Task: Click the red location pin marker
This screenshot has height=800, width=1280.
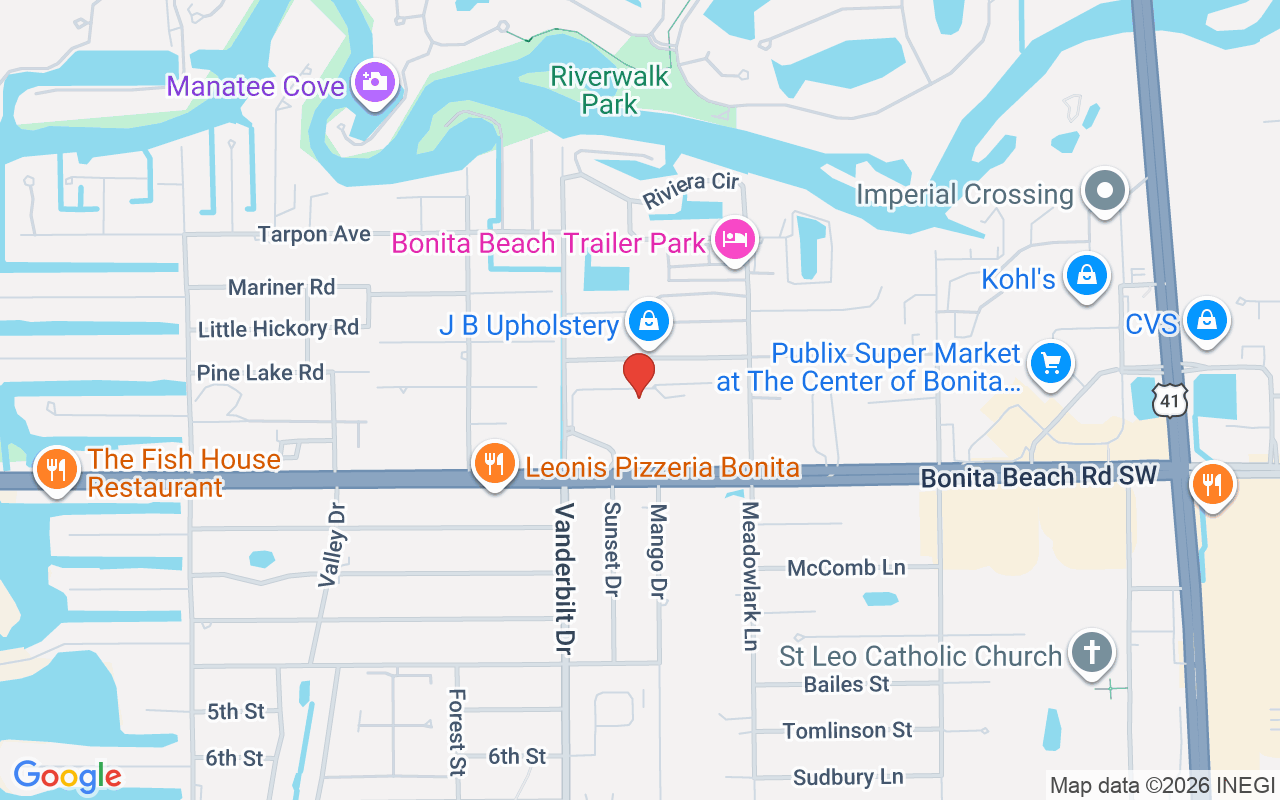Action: click(639, 373)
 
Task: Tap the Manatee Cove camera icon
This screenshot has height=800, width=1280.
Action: click(375, 82)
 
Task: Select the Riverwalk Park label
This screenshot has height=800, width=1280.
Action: click(610, 89)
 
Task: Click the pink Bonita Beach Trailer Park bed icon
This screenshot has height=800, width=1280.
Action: click(735, 239)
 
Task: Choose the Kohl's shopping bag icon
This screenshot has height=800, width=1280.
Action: click(1086, 275)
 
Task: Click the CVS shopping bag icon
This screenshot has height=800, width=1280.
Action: click(1207, 320)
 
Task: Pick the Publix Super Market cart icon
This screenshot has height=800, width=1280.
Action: click(1050, 362)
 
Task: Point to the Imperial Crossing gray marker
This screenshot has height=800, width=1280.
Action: click(1105, 190)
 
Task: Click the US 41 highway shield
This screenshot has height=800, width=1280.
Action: click(1168, 400)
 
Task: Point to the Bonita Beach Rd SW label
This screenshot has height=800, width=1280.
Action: click(1038, 477)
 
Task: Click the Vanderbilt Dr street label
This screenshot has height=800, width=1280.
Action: click(566, 579)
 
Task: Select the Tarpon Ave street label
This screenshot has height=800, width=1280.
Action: click(314, 234)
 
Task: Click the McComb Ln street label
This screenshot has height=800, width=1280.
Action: click(846, 568)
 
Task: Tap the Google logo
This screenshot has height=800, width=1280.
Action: click(68, 776)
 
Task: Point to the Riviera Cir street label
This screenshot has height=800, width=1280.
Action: click(690, 190)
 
